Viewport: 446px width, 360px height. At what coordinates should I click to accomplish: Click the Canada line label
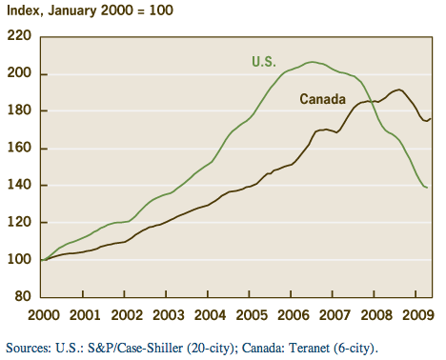point(323,99)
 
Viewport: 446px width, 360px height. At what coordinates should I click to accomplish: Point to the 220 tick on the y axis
point(20,36)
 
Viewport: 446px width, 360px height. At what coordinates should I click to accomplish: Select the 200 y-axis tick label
point(20,73)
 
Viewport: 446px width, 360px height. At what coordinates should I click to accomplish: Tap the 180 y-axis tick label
point(20,110)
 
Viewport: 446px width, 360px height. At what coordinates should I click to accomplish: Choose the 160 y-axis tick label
point(20,148)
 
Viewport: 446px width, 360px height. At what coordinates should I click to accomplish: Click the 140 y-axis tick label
point(20,185)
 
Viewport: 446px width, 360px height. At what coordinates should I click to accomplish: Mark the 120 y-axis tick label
point(20,222)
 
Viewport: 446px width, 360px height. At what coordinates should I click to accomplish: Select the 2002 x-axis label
point(126,314)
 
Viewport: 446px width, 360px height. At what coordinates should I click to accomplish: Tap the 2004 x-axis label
point(209,314)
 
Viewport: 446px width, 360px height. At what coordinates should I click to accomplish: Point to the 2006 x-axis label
point(292,314)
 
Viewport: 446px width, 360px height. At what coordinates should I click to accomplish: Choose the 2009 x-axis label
point(416,314)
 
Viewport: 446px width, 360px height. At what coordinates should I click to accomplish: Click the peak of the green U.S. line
point(311,62)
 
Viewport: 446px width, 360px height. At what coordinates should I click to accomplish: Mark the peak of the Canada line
point(398,90)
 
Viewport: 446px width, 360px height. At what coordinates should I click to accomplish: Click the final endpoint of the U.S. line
point(426,188)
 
